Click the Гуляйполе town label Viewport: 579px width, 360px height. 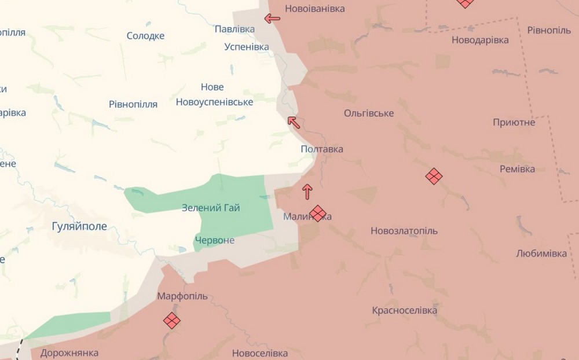80,226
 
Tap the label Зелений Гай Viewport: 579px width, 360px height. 211,208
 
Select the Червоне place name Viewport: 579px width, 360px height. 215,240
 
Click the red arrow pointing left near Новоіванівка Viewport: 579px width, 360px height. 272,19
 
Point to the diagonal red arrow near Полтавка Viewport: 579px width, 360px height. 294,122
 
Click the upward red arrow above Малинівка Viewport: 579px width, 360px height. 307,191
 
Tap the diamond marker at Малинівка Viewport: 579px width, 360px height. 318,213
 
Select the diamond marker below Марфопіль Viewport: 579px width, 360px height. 172,320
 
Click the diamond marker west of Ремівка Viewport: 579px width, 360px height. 434,176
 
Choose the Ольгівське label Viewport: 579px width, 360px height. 369,113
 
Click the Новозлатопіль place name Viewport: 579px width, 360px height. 404,231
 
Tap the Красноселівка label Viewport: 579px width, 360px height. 404,310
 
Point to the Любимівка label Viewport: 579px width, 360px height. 541,254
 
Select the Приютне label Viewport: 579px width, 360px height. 514,122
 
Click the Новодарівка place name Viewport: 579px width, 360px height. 480,40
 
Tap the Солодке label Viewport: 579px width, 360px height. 145,36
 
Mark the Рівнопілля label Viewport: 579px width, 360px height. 133,104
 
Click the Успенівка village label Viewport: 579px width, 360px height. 247,46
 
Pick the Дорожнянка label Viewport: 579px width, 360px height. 69,352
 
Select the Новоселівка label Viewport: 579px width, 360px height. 259,352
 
